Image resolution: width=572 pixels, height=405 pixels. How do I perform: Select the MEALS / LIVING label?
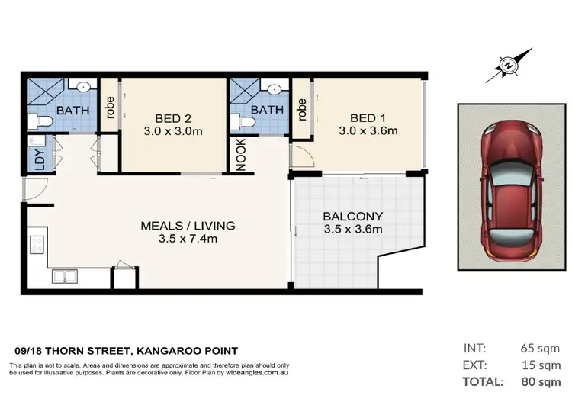pyautogui.click(x=188, y=226)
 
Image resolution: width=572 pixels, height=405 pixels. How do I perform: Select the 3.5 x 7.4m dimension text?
pyautogui.click(x=188, y=239)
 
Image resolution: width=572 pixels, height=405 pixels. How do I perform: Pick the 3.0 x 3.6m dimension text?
pyautogui.click(x=368, y=130)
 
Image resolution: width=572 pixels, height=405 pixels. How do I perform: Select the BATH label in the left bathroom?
pyautogui.click(x=72, y=111)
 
